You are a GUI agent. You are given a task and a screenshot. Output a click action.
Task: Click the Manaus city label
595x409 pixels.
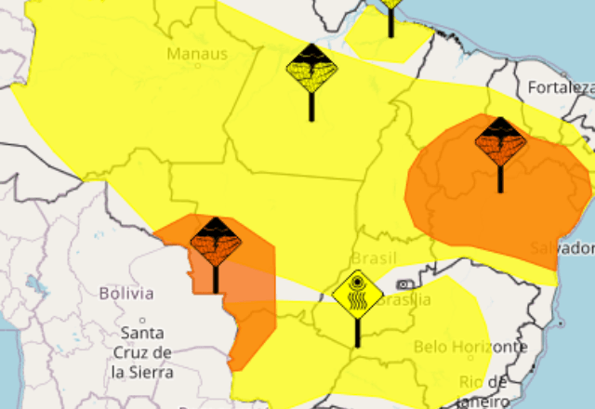click(197, 54)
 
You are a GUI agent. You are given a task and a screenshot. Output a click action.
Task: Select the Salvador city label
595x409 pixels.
click(562, 248)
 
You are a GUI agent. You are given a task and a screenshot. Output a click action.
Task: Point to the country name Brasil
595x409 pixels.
click(374, 257)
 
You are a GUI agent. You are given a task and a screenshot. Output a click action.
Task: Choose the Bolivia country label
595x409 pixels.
click(126, 293)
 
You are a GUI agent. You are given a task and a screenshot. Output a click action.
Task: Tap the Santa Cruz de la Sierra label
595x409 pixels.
click(141, 352)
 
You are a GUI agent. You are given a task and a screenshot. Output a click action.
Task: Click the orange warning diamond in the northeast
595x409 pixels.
click(500, 141)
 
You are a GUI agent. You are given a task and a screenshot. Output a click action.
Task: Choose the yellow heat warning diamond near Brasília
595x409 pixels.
click(358, 295)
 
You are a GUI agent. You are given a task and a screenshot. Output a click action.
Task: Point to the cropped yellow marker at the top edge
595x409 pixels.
click(391, 4)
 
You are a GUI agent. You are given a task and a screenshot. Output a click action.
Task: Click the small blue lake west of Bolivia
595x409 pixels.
click(34, 282)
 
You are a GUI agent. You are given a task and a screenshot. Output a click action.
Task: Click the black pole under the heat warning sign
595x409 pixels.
click(358, 332)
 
